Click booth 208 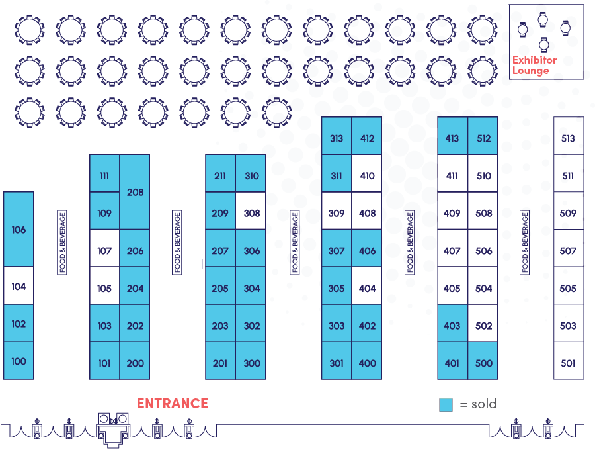click(x=135, y=193)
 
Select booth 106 click(x=19, y=230)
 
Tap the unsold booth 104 click(x=19, y=287)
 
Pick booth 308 click(x=251, y=213)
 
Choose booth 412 click(x=367, y=138)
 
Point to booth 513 click(x=568, y=138)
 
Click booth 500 click(x=483, y=363)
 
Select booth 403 click(x=452, y=326)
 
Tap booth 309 click(x=337, y=213)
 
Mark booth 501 click(x=568, y=363)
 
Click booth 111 click(x=104, y=175)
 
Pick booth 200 click(x=135, y=363)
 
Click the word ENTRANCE click(x=172, y=404)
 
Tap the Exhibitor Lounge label click(x=534, y=65)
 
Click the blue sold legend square click(x=446, y=404)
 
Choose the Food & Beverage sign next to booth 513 click(x=525, y=242)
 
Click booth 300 click(x=251, y=363)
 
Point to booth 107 click(x=104, y=251)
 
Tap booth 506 click(x=483, y=251)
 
